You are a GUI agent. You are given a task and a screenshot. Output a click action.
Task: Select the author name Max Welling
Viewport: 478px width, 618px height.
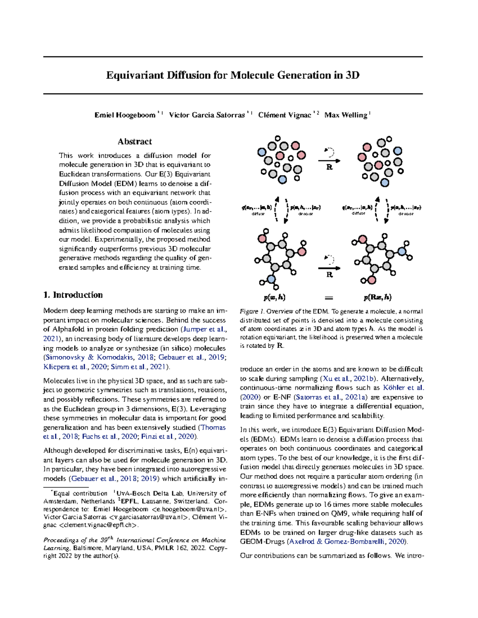345,115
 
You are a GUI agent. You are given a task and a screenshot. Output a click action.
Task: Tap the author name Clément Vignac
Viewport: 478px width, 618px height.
284,115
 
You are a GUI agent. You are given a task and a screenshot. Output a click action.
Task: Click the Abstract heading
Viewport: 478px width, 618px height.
135,142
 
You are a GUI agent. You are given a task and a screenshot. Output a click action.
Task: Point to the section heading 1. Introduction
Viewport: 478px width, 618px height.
73,295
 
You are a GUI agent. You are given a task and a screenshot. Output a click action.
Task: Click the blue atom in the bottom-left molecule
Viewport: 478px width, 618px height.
271,279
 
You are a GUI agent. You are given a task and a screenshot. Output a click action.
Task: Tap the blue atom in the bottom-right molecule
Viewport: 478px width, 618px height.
402,251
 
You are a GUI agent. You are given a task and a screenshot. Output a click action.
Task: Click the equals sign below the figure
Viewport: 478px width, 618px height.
329,298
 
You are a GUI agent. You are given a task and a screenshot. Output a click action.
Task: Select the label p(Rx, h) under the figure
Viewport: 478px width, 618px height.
377,297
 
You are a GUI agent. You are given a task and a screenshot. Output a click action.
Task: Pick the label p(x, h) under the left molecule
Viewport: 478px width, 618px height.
274,297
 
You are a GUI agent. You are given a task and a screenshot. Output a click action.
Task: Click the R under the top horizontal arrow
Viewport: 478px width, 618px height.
329,167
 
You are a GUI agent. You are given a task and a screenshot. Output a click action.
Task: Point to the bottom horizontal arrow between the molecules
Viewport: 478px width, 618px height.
329,268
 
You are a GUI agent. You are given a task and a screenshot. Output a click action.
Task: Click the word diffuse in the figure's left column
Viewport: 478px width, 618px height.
258,214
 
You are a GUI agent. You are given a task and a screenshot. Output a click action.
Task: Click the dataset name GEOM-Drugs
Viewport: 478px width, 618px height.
263,542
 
